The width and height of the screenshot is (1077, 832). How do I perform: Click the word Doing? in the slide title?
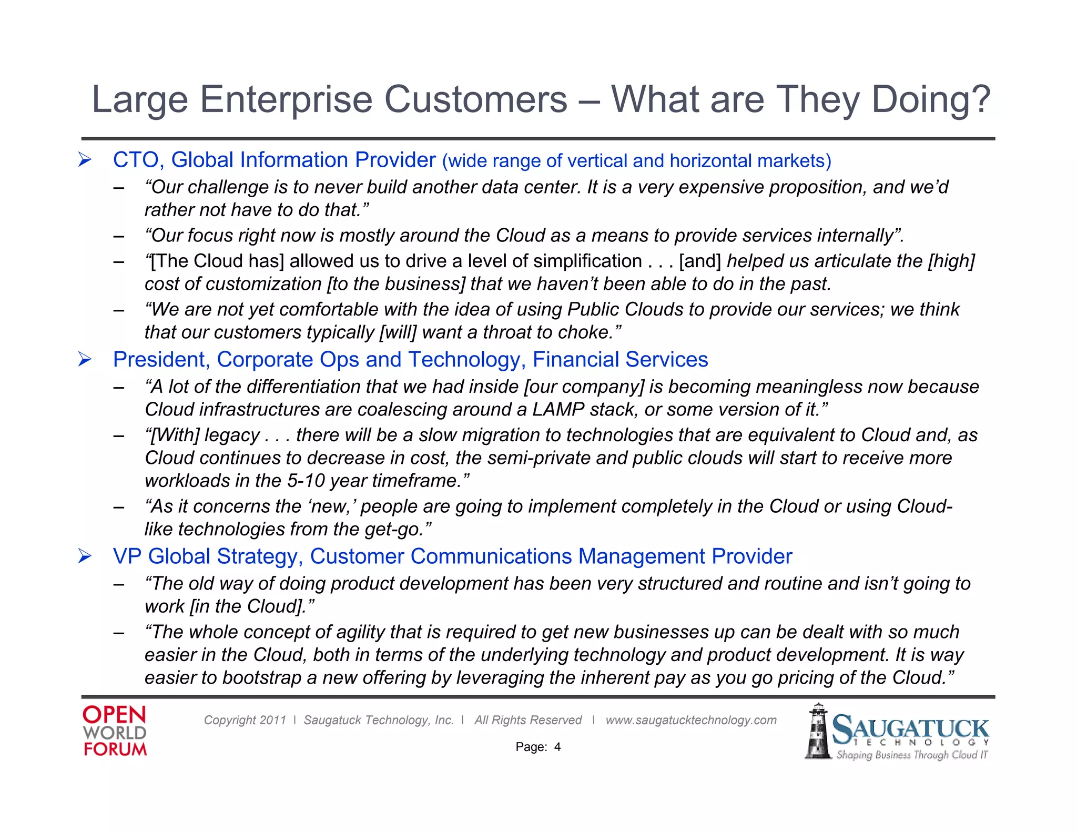click(x=931, y=100)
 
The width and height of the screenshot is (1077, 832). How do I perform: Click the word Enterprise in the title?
click(x=286, y=100)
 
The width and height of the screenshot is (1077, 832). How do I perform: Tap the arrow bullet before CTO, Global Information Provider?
click(x=85, y=160)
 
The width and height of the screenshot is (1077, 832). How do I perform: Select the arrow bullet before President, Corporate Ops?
click(x=85, y=360)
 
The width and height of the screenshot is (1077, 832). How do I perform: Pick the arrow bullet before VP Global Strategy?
click(x=85, y=556)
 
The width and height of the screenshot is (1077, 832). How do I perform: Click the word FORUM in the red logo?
click(x=115, y=749)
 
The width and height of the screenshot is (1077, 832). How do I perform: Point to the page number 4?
click(x=557, y=747)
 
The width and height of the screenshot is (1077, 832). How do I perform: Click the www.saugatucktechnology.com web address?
click(x=690, y=720)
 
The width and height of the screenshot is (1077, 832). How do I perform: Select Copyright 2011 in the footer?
click(x=245, y=720)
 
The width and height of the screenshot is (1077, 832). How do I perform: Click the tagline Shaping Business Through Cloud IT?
click(x=911, y=755)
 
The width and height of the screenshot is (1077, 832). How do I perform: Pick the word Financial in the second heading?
click(x=576, y=360)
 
